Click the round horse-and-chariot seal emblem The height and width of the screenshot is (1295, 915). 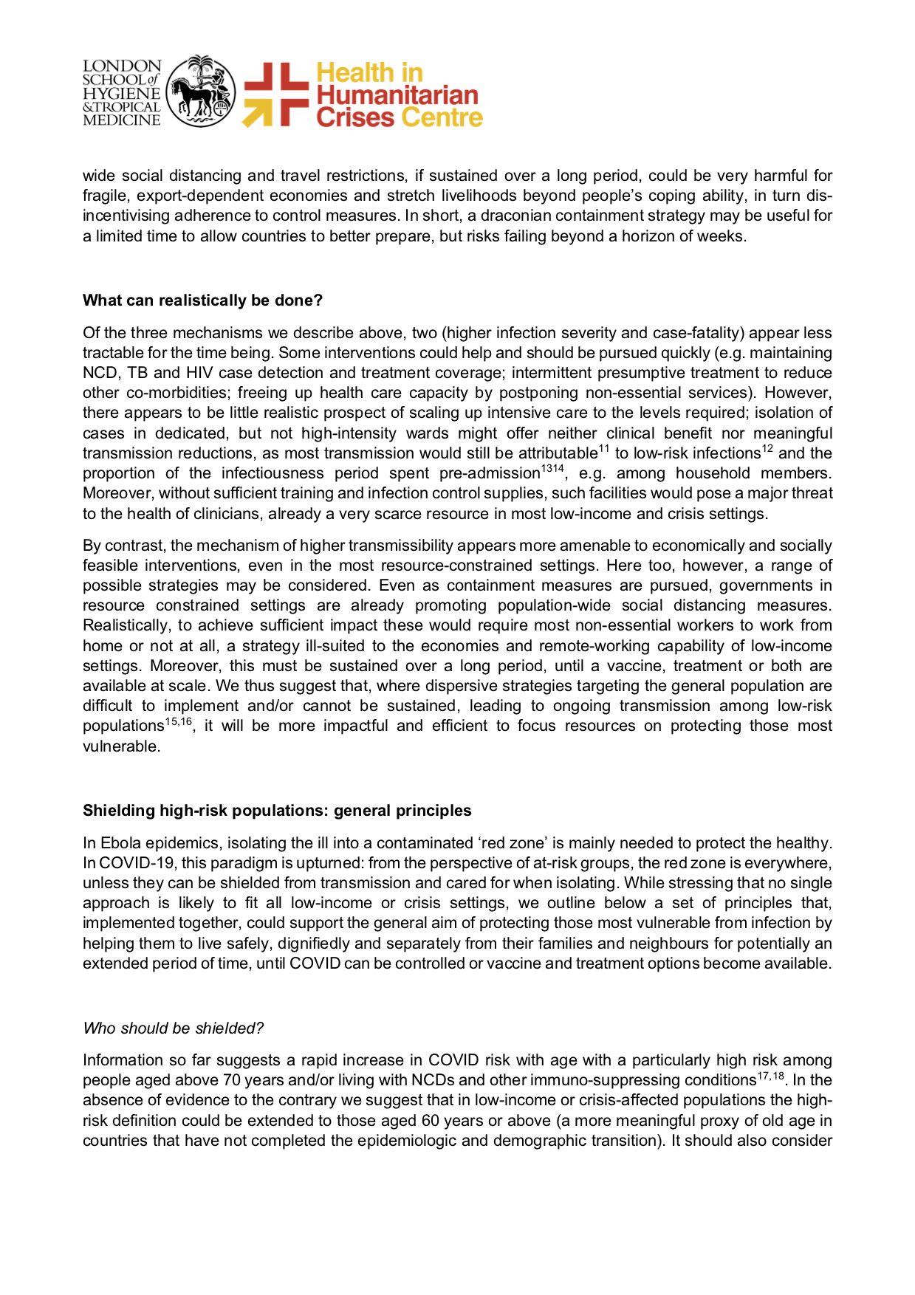[201, 92]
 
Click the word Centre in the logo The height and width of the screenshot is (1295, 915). [441, 117]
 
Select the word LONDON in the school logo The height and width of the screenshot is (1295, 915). [122, 66]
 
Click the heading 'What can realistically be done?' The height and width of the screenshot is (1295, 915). [202, 300]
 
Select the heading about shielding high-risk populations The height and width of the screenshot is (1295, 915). [277, 811]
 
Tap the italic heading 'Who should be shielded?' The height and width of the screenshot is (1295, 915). [173, 1028]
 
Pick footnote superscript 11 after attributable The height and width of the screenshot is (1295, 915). [603, 448]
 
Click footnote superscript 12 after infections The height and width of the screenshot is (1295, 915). [767, 448]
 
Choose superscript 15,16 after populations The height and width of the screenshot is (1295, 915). [179, 721]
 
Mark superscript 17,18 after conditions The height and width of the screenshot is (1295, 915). [770, 1075]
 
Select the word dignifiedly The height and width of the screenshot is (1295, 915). [372, 944]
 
